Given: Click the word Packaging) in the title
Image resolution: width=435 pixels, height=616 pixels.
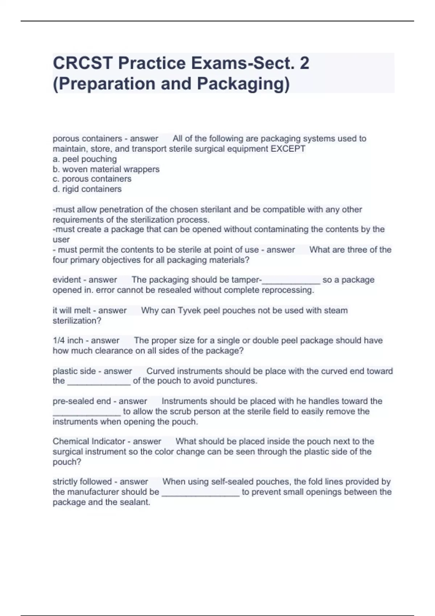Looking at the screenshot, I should point(243,84).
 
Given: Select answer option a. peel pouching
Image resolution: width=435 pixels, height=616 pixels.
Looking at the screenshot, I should point(85,159).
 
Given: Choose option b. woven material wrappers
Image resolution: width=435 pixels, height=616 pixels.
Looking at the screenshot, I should point(106,169).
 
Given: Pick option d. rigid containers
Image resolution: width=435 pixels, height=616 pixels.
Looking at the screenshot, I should point(87,189).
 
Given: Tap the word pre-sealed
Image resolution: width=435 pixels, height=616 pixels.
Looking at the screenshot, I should point(69,401).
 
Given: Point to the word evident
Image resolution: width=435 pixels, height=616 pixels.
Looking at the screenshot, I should point(66,280).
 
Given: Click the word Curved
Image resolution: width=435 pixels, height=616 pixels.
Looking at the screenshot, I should point(160,371).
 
